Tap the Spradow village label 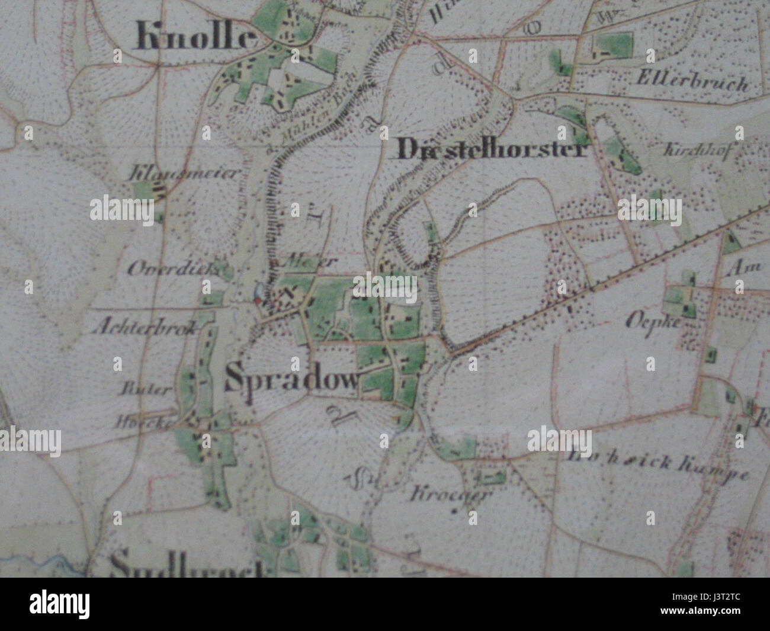[293, 380]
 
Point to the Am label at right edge [746, 267]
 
